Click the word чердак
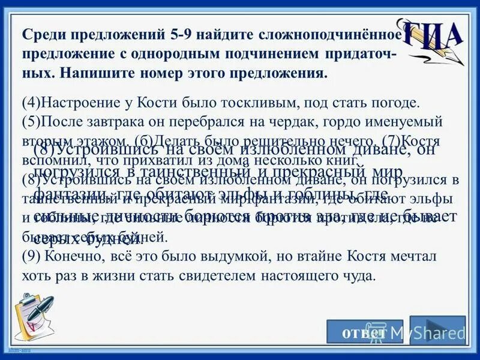coord(296,122)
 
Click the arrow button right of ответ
coord(437,330)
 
